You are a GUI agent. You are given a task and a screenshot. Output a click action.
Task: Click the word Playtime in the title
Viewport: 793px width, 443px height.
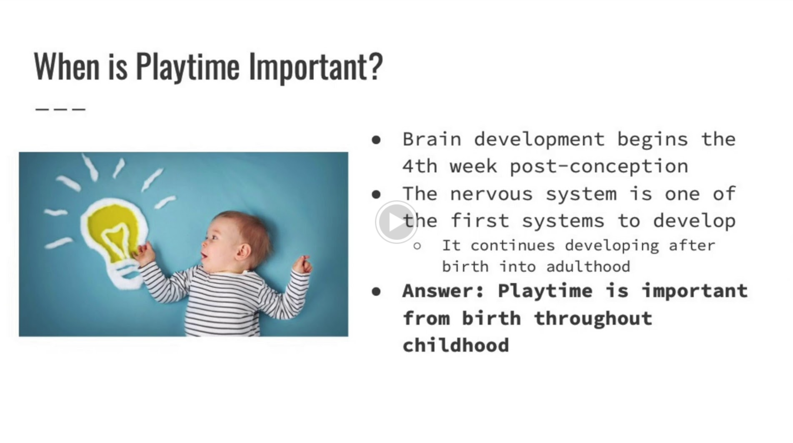pyautogui.click(x=187, y=68)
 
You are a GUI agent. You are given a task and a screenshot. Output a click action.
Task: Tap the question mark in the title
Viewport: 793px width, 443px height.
pyautogui.click(x=376, y=65)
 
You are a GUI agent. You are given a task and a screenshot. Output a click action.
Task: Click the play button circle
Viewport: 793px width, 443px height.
pyautogui.click(x=396, y=222)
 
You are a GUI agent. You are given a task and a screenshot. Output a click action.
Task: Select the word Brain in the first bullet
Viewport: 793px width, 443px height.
pyautogui.click(x=432, y=139)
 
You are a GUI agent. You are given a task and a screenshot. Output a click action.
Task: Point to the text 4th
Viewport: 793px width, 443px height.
pyautogui.click(x=420, y=166)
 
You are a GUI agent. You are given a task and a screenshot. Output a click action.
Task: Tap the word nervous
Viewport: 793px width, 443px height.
pyautogui.click(x=491, y=194)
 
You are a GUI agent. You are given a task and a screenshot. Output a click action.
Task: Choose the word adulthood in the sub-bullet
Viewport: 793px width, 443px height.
pyautogui.click(x=588, y=267)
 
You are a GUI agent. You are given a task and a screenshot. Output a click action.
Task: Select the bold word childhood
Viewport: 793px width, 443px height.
pyautogui.click(x=456, y=345)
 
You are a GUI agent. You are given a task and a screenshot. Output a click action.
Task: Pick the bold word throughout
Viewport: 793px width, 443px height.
pyautogui.click(x=593, y=318)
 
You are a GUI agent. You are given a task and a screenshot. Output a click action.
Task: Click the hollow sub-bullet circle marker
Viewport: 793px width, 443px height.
pyautogui.click(x=417, y=246)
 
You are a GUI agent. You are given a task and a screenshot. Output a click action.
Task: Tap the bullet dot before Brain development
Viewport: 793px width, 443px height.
pyautogui.click(x=376, y=140)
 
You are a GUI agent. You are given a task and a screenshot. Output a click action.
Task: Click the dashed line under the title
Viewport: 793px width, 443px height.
pyautogui.click(x=60, y=109)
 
